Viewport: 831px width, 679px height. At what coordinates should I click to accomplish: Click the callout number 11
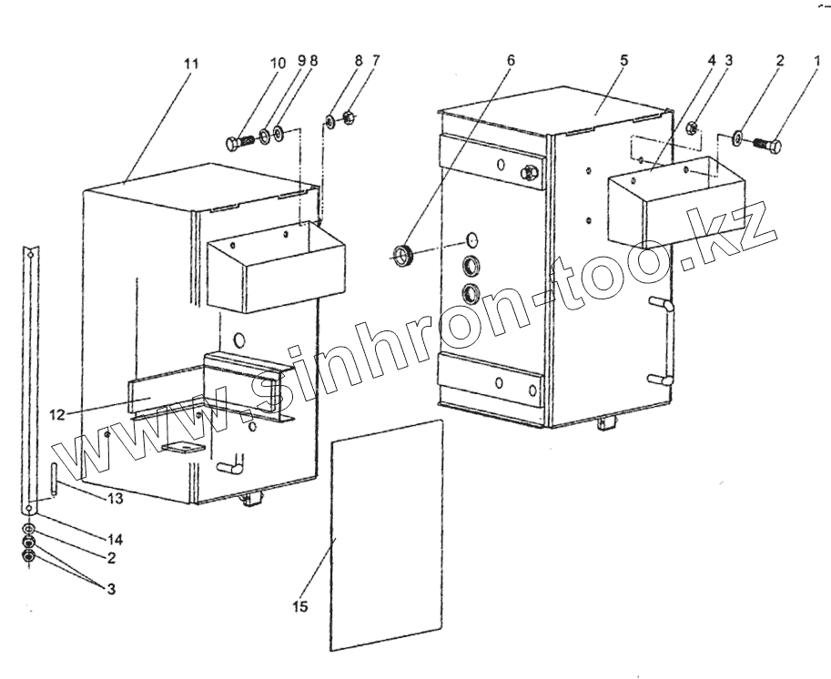coord(190,64)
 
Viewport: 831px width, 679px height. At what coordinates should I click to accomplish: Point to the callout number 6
coord(511,60)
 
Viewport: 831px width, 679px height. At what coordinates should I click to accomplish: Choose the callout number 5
coord(623,60)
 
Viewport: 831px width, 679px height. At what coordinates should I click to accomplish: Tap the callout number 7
coord(376,60)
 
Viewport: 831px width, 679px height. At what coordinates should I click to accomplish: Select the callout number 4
coord(713,60)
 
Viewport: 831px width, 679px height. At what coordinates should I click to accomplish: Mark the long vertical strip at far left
coord(32,382)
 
